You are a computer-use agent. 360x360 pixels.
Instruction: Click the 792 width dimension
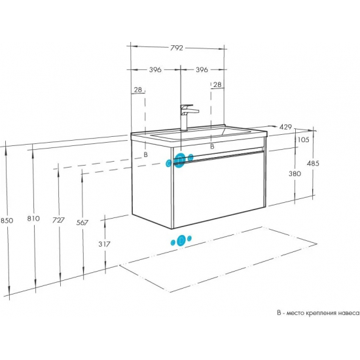click(x=177, y=48)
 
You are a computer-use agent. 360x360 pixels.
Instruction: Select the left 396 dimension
click(x=155, y=69)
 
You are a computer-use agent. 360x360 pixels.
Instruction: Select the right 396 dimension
click(x=202, y=69)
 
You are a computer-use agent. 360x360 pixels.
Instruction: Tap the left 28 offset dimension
click(x=137, y=90)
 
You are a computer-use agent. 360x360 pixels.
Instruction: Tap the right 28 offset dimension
click(x=217, y=84)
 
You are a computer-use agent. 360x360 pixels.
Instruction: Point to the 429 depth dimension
click(x=285, y=127)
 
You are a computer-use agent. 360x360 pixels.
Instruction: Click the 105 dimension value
click(x=303, y=139)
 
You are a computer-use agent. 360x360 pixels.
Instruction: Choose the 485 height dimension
click(x=313, y=163)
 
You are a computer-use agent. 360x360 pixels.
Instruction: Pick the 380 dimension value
click(x=295, y=173)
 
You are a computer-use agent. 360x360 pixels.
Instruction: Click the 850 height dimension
click(x=7, y=221)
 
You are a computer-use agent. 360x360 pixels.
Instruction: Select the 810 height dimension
click(x=33, y=218)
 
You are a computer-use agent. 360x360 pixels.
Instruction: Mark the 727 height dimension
click(x=58, y=220)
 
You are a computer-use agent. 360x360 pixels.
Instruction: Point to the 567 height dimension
click(x=82, y=223)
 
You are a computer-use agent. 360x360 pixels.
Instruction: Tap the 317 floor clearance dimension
click(x=105, y=244)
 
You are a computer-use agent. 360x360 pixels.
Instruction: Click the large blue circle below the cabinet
click(x=181, y=240)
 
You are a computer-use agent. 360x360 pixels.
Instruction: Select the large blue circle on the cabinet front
click(x=181, y=159)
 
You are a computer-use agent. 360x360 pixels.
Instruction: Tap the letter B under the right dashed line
click(x=212, y=146)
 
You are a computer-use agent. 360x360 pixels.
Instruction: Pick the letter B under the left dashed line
click(x=145, y=154)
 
